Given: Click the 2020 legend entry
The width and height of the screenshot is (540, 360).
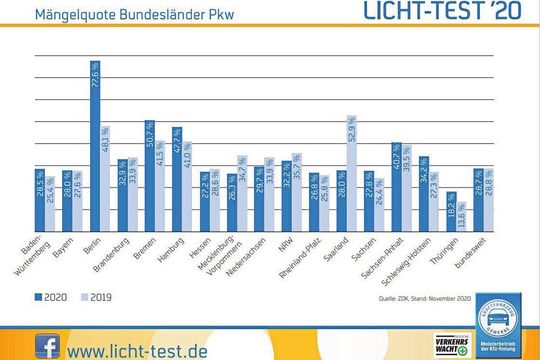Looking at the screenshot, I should (x=53, y=297).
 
